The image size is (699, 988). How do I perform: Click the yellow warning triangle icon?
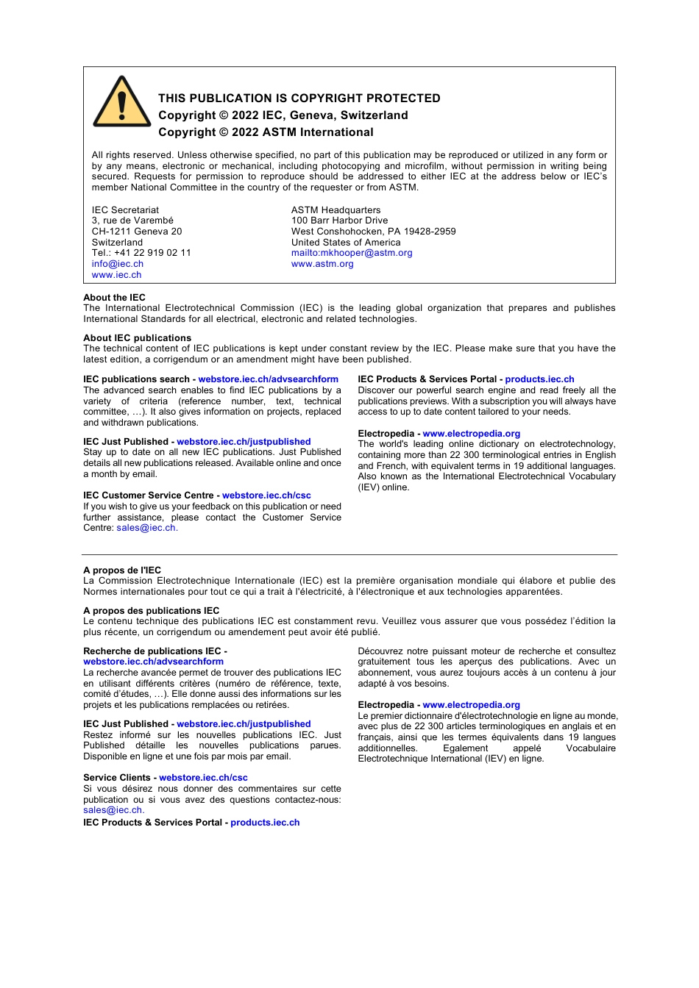(x=122, y=103)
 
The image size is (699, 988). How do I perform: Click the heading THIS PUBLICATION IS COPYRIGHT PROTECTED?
(x=299, y=99)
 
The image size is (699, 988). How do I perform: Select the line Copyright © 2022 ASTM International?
(x=266, y=132)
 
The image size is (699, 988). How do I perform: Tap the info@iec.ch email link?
(x=118, y=264)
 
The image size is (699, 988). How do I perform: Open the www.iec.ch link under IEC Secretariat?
(x=116, y=275)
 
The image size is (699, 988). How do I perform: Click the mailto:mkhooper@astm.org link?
(x=352, y=253)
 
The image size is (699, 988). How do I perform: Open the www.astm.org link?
(x=322, y=264)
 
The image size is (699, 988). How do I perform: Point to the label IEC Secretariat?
(x=125, y=210)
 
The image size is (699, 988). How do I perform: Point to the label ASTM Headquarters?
(x=336, y=210)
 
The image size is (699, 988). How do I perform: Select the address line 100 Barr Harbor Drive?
(x=339, y=221)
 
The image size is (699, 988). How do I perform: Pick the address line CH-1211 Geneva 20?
(x=137, y=232)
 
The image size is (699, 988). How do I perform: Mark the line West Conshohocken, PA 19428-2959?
(x=373, y=232)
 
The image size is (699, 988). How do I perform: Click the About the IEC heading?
(x=114, y=298)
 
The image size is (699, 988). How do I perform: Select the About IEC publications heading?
(x=137, y=338)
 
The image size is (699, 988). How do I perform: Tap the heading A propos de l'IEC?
(x=122, y=570)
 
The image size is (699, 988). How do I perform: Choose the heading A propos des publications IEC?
(x=151, y=611)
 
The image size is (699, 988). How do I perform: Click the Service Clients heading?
(x=117, y=778)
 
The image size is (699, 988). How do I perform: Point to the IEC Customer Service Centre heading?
(x=148, y=495)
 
